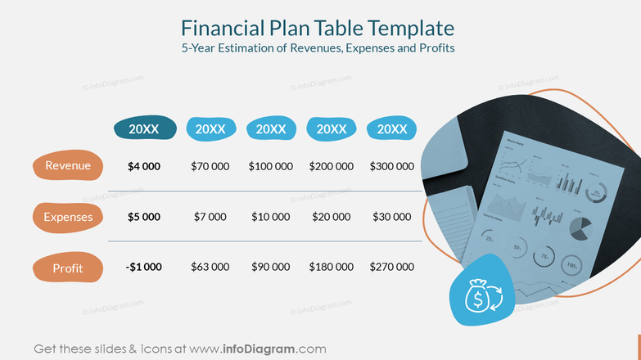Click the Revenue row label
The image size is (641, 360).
tap(68, 166)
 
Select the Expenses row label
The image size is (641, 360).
tap(68, 217)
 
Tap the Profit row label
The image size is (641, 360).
tap(68, 268)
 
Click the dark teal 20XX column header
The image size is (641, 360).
tap(144, 128)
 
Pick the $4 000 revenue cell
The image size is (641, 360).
tap(144, 166)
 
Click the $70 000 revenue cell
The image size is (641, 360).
tap(210, 166)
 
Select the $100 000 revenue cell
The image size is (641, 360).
tap(271, 166)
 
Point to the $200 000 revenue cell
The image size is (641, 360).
tap(332, 166)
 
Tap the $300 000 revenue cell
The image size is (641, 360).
tap(392, 166)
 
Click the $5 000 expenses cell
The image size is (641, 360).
tap(144, 217)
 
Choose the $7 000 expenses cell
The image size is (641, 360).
tap(210, 217)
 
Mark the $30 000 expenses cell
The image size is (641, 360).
tap(392, 217)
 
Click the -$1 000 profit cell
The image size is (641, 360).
tap(144, 267)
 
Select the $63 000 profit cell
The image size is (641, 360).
tap(210, 267)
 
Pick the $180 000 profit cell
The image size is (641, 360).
tap(332, 267)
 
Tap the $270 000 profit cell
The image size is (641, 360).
tap(392, 267)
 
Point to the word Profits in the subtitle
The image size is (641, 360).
tap(434, 48)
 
